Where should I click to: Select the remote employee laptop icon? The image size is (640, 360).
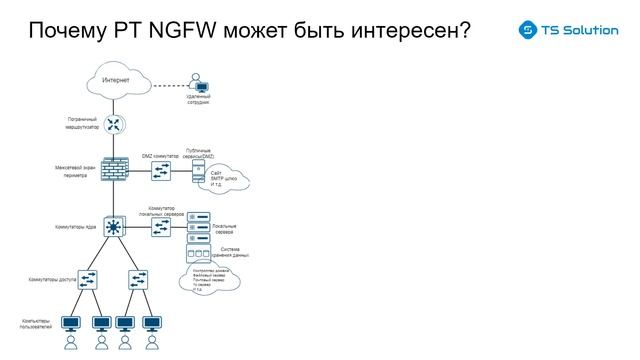coord(200,87)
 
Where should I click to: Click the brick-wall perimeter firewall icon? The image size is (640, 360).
coord(113,169)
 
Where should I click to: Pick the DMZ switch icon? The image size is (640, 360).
coord(160,171)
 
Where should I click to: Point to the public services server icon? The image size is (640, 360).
coord(197,173)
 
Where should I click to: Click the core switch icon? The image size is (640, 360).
coord(114,228)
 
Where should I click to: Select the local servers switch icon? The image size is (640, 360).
coord(161,228)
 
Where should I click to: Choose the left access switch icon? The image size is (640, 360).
coord(88,279)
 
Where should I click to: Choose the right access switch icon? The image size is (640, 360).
coord(138,279)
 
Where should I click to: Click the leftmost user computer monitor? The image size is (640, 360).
coord(71,324)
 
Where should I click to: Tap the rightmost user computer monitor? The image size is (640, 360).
coord(152,324)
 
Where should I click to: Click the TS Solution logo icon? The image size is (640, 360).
coord(527,31)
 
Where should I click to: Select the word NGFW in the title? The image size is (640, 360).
coord(179,31)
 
